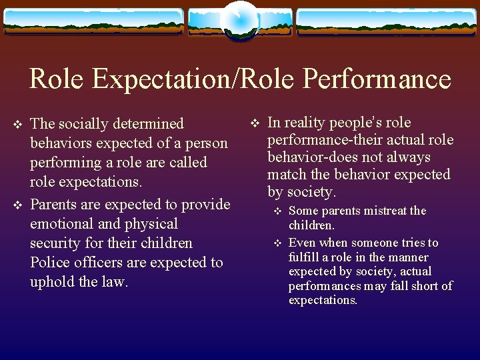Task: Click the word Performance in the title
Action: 377,79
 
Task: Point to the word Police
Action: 51,262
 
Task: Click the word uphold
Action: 53,281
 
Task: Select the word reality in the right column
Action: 305,123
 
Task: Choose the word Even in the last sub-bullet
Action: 302,243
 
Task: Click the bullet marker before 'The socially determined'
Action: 18,124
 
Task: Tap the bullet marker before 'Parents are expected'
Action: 18,205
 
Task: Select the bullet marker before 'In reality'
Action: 255,123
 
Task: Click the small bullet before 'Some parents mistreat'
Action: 278,211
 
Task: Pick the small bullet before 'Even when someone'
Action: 278,243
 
